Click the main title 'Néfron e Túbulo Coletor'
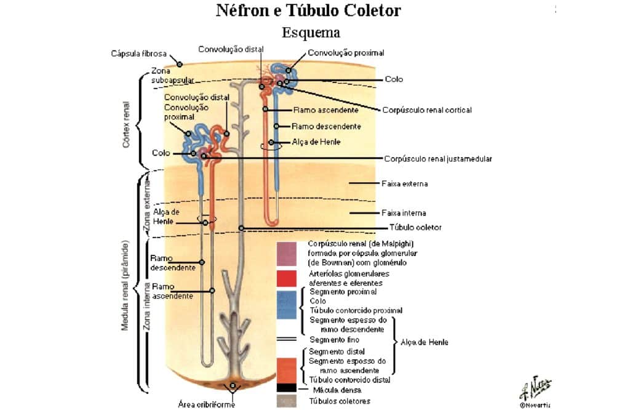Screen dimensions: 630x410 click(308, 10)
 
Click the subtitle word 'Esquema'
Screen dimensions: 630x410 click(311, 32)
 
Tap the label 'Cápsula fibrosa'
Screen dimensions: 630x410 click(138, 54)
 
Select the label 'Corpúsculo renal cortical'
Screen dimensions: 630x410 click(427, 110)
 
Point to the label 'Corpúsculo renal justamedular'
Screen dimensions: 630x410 click(438, 159)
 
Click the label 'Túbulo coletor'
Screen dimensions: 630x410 click(415, 228)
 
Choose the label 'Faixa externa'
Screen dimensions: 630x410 click(405, 183)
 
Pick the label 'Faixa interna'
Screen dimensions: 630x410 click(404, 213)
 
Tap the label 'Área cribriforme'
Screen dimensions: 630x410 click(207, 404)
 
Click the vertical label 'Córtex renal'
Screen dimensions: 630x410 click(126, 124)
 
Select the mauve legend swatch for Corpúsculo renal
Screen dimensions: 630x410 click(287, 254)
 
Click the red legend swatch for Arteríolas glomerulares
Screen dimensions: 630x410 click(287, 278)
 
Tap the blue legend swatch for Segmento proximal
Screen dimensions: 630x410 click(287, 305)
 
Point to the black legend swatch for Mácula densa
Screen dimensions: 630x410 click(287, 388)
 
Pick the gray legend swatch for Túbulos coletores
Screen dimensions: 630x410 click(287, 401)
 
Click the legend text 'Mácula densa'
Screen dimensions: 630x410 click(337, 390)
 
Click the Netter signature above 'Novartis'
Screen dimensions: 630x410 click(535, 388)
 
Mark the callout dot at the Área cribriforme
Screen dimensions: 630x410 click(233, 386)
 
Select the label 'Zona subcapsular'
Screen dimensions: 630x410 click(172, 76)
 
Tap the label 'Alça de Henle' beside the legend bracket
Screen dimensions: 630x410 click(425, 342)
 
